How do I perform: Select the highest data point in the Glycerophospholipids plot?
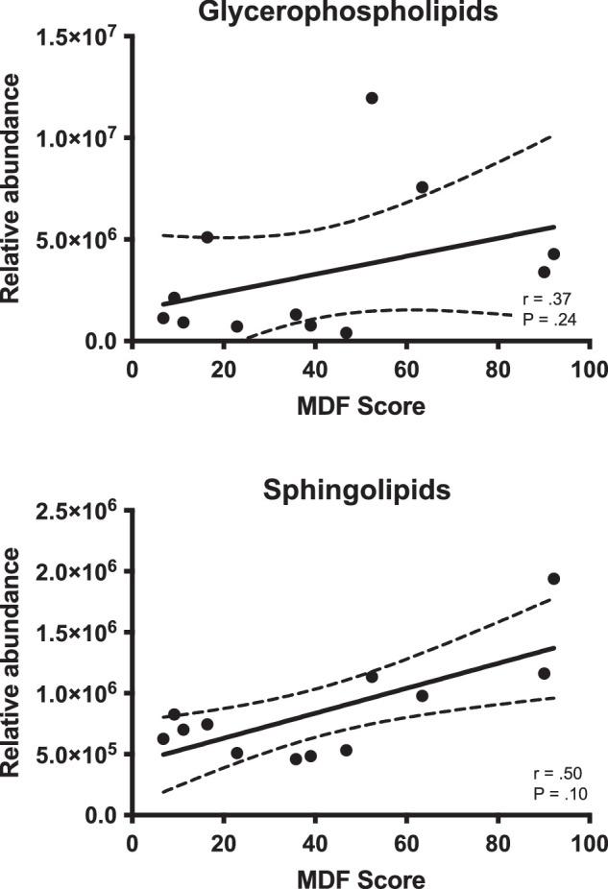pyautogui.click(x=372, y=98)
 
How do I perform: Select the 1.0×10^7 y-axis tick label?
pyautogui.click(x=74, y=138)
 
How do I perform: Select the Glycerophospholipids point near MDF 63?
pyautogui.click(x=422, y=187)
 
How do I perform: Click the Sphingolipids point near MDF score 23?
pyautogui.click(x=236, y=753)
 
